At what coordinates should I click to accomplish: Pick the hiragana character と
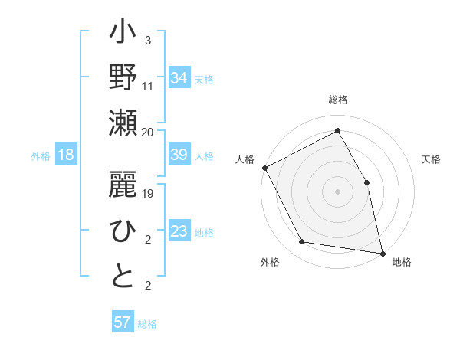point(123,277)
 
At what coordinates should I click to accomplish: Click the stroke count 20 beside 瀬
point(148,132)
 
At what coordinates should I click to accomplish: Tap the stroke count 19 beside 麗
point(148,194)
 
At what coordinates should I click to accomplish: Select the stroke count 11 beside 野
point(148,86)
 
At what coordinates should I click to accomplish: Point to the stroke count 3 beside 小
point(147,41)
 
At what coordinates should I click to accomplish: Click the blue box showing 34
point(179,77)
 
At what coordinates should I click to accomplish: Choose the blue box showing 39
point(179,155)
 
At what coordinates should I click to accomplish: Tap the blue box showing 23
point(179,232)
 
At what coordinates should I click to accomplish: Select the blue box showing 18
point(66,155)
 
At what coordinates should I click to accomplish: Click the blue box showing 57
point(122,322)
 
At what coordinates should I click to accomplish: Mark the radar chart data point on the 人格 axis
point(264,168)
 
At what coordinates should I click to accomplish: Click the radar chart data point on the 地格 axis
point(382,253)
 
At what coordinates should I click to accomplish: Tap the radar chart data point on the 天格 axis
point(366,182)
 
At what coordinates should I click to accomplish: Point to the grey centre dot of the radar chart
point(337,191)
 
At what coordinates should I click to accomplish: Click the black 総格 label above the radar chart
point(337,100)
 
